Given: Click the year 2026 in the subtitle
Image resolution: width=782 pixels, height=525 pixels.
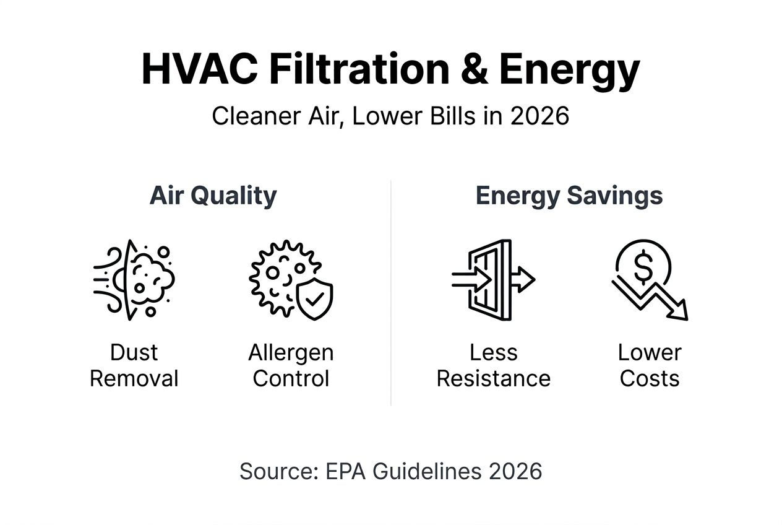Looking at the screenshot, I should tap(539, 116).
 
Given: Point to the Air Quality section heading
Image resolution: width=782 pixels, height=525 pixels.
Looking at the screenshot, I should tap(213, 196).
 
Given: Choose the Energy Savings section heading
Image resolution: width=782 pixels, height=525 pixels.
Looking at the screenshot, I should tap(569, 196).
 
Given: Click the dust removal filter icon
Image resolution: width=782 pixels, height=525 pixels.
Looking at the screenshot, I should tap(134, 280).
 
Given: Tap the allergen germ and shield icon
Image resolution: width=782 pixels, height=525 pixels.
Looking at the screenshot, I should tap(291, 280).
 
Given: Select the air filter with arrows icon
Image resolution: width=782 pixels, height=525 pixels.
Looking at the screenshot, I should tap(493, 280).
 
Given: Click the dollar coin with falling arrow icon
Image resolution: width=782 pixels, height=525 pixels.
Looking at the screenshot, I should tap(649, 280).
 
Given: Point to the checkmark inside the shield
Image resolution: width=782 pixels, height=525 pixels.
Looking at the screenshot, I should tap(315, 300).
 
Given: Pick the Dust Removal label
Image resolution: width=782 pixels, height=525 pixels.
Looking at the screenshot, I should tap(134, 365).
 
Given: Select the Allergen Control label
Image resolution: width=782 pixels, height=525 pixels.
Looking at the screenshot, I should tap(291, 365).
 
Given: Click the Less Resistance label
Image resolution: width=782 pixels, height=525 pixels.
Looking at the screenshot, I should tap(493, 365).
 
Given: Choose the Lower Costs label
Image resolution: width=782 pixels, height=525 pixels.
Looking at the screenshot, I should tap(649, 365).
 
